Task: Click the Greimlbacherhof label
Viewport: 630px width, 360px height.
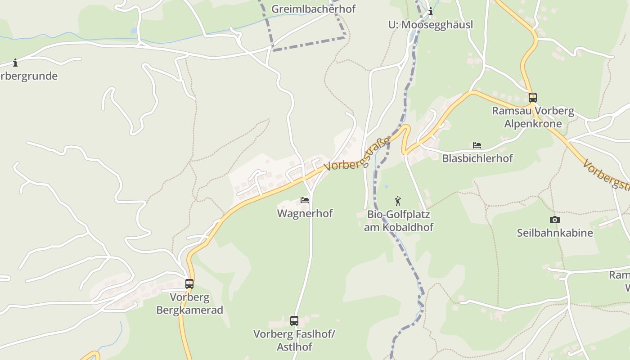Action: tap(313, 9)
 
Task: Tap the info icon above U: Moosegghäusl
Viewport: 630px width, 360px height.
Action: tap(431, 12)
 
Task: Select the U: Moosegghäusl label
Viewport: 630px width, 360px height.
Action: tap(431, 25)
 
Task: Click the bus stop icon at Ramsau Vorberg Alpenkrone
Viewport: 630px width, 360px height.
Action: tap(533, 97)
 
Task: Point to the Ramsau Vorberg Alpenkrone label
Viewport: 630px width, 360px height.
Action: tap(533, 117)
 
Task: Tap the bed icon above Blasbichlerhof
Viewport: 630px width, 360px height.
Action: tap(477, 145)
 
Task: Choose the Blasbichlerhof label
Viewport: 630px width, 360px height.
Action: tap(477, 158)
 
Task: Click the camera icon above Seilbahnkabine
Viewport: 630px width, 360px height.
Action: tap(555, 220)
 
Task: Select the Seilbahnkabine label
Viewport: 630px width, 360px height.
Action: tap(555, 233)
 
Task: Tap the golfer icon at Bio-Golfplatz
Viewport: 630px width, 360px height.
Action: tap(398, 201)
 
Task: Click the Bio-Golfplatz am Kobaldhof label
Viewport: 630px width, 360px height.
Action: tap(398, 220)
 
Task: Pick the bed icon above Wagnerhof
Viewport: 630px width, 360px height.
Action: tap(305, 200)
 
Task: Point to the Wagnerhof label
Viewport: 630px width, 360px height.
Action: tap(305, 213)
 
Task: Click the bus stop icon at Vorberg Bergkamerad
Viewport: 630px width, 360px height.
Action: tap(189, 284)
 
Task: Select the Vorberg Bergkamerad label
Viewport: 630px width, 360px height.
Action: tap(189, 303)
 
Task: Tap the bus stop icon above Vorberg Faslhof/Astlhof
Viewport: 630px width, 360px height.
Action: tap(294, 321)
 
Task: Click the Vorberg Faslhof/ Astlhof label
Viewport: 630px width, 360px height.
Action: tap(294, 340)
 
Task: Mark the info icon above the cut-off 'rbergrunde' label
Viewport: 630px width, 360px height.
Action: tap(15, 63)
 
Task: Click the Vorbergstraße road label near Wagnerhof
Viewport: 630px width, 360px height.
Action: tap(357, 155)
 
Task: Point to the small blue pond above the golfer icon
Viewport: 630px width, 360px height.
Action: tap(386, 186)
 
